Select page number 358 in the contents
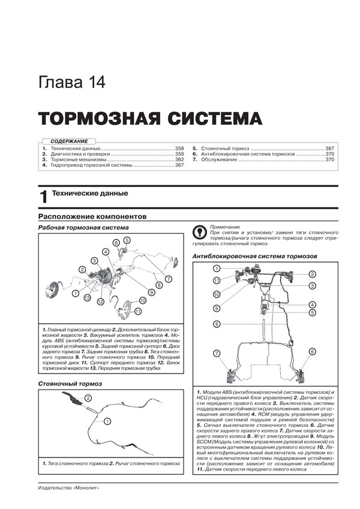point(179,148)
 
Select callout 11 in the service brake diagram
point(138,311)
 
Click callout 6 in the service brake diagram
point(116,242)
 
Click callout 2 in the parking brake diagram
point(88,397)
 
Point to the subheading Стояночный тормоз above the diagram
point(70,382)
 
